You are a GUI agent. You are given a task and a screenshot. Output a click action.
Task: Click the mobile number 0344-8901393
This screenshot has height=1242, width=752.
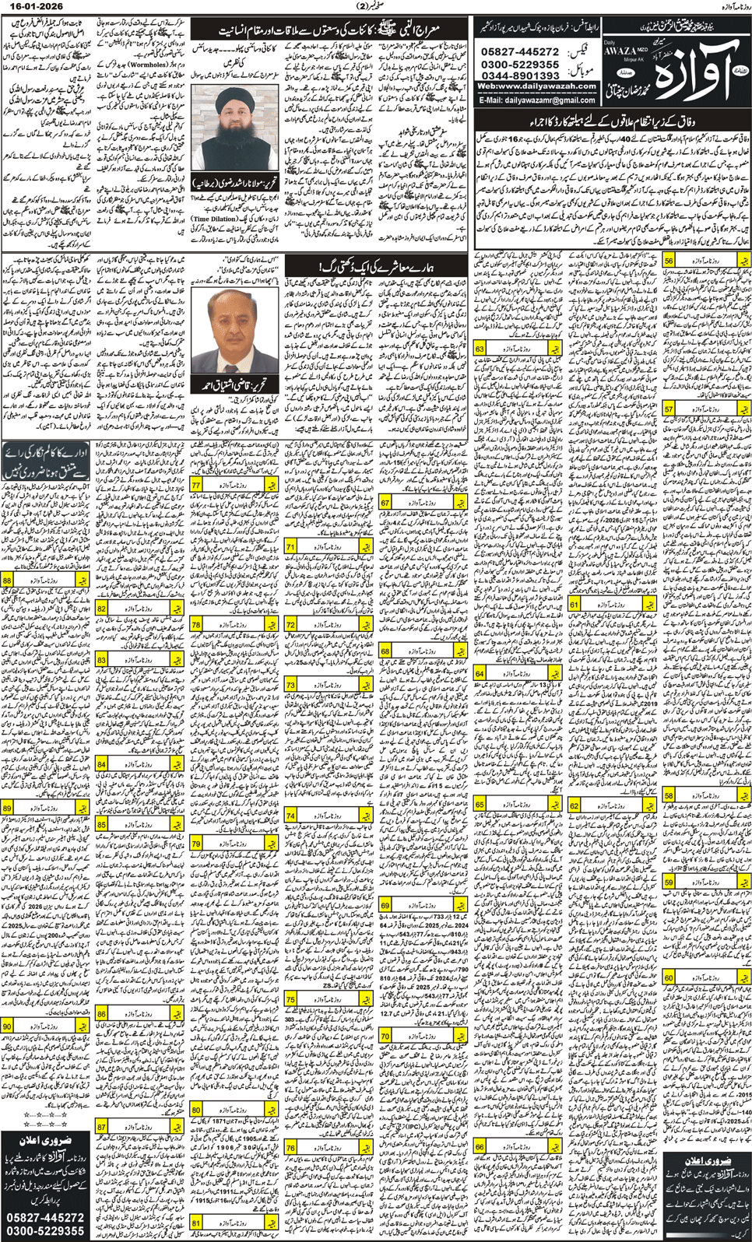tap(520, 75)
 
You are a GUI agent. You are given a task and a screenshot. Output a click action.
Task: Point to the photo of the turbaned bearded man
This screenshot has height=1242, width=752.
tap(234, 128)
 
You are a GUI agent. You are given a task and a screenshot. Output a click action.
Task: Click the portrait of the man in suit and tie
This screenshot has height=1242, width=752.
tap(234, 332)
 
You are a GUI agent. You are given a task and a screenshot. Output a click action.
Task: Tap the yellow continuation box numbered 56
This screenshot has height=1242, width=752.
tap(669, 262)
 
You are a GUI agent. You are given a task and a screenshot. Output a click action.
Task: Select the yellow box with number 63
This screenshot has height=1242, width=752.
tap(480, 349)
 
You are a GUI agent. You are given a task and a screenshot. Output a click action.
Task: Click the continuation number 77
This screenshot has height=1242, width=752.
tap(196, 484)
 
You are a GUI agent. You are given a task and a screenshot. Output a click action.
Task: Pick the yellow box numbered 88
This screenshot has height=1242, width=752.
tap(7, 581)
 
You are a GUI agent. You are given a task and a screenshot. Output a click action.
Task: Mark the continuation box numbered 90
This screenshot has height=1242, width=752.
tap(7, 1026)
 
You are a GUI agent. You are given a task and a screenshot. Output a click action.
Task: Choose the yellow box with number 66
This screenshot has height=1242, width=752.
tap(480, 1146)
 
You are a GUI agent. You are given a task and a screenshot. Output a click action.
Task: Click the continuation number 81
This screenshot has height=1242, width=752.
tap(196, 1223)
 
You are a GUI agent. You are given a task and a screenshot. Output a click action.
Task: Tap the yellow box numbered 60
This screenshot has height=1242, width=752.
tap(669, 977)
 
